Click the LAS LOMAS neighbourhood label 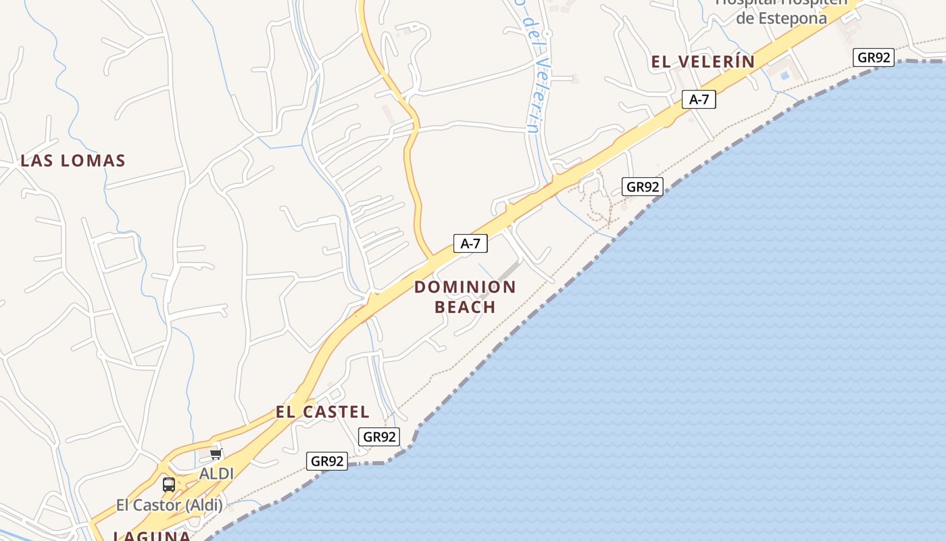pos(73,161)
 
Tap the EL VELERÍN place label pos(703,62)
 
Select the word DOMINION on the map pos(465,287)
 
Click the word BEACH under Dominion pos(465,307)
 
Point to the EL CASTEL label pos(322,412)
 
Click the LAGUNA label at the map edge pos(151,536)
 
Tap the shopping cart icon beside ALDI pos(216,454)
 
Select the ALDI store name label pos(216,474)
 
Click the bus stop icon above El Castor pos(169,484)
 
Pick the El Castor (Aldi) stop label pos(169,504)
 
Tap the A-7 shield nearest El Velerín pos(699,99)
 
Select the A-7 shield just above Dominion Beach pos(470,243)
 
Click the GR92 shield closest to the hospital pos(873,57)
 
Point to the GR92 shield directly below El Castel pos(379,437)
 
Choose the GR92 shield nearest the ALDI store pos(327,461)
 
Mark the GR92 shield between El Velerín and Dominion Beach pos(642,187)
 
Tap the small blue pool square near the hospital pos(785,76)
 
